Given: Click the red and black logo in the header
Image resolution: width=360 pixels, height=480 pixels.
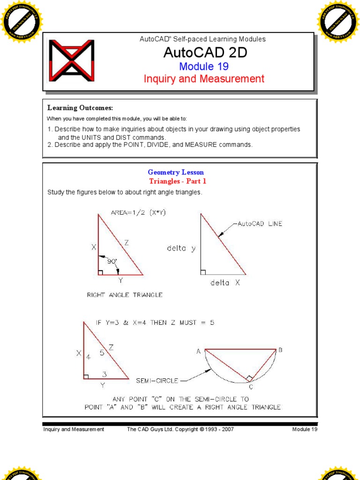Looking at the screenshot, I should pyautogui.click(x=72, y=60).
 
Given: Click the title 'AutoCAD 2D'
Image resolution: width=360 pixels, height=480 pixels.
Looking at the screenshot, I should pyautogui.click(x=205, y=52).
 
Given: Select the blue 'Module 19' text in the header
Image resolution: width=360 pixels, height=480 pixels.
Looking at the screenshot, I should pyautogui.click(x=203, y=66).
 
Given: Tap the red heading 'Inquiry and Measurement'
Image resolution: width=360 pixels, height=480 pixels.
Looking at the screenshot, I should pyautogui.click(x=204, y=79).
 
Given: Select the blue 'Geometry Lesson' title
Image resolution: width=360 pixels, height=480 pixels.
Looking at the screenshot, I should pyautogui.click(x=176, y=172).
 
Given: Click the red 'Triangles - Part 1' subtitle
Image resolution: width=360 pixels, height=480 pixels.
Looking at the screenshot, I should pyautogui.click(x=178, y=181).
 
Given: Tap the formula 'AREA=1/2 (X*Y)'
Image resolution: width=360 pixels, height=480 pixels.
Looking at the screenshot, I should pyautogui.click(x=138, y=212).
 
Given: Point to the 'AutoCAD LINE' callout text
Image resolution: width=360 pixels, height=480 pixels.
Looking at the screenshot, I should pyautogui.click(x=260, y=224).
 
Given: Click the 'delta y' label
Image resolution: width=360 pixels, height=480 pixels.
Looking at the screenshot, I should pyautogui.click(x=181, y=248).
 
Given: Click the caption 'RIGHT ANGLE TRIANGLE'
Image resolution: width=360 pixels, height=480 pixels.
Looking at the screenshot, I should pyautogui.click(x=125, y=295).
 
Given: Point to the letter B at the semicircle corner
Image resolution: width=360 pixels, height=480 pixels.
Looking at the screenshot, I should pyautogui.click(x=280, y=350).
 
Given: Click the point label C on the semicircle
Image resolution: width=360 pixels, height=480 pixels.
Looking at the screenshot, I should pyautogui.click(x=251, y=387).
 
